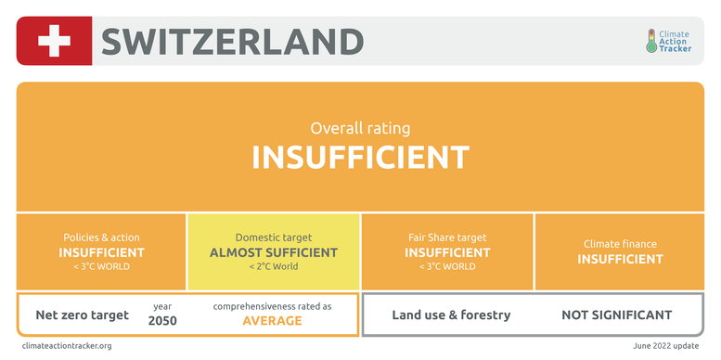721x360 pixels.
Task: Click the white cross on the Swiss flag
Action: [54, 41]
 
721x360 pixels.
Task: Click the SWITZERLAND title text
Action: [232, 42]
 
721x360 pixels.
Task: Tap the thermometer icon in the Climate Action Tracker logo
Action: [651, 41]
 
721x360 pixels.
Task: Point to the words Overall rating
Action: [360, 128]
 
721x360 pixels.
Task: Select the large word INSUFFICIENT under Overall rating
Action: [360, 158]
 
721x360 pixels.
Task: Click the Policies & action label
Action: [101, 238]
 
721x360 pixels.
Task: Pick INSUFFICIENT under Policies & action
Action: [101, 252]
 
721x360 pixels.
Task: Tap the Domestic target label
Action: [274, 238]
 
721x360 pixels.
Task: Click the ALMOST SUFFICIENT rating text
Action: [274, 252]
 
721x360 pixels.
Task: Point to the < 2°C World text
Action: [274, 266]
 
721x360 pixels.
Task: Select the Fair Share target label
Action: [447, 238]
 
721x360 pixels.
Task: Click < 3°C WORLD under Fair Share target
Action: [447, 266]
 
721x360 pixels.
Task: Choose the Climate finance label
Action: [620, 244]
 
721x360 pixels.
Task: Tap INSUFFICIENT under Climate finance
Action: [620, 259]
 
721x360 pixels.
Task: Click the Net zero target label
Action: [83, 315]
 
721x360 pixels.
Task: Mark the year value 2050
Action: [162, 320]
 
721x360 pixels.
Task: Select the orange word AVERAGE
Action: [272, 320]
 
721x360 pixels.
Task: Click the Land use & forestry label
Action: [451, 315]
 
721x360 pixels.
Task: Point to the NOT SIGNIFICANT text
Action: [617, 315]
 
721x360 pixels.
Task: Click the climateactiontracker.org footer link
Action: [67, 346]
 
